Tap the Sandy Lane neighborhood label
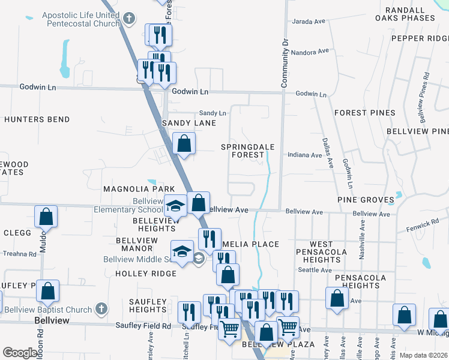coord(188,123)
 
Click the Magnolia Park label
coord(130,189)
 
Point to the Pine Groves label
coord(365,199)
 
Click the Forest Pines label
coord(365,113)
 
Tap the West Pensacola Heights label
coord(322,252)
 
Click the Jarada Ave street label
coord(309,22)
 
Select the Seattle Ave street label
coord(315,270)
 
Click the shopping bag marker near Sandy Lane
coord(184,144)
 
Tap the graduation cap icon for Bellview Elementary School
coord(175,206)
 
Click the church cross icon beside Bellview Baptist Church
coord(102,310)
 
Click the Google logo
coord(20,353)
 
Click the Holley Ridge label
coord(146,274)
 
